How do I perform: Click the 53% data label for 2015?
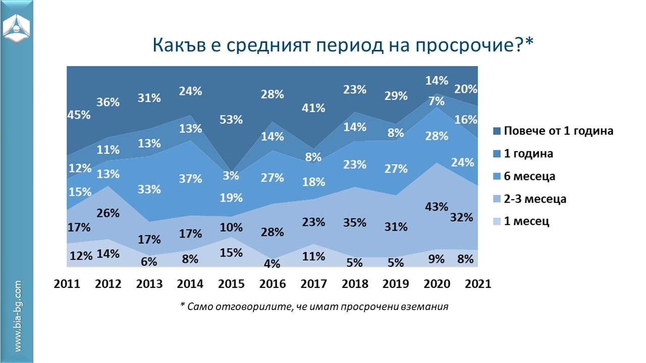[x=232, y=120]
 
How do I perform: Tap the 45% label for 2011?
[x=79, y=115]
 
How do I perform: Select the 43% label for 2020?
[x=437, y=207]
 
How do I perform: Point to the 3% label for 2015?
[x=232, y=176]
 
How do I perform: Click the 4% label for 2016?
[x=273, y=262]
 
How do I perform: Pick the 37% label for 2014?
[x=190, y=178]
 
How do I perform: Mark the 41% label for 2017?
[x=314, y=108]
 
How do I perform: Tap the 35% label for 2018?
[x=355, y=222]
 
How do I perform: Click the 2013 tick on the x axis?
[x=149, y=284]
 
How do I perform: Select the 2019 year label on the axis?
[x=396, y=284]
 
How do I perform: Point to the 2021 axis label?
[x=477, y=284]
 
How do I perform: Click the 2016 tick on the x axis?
[x=273, y=284]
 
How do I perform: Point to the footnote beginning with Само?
[x=314, y=307]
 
